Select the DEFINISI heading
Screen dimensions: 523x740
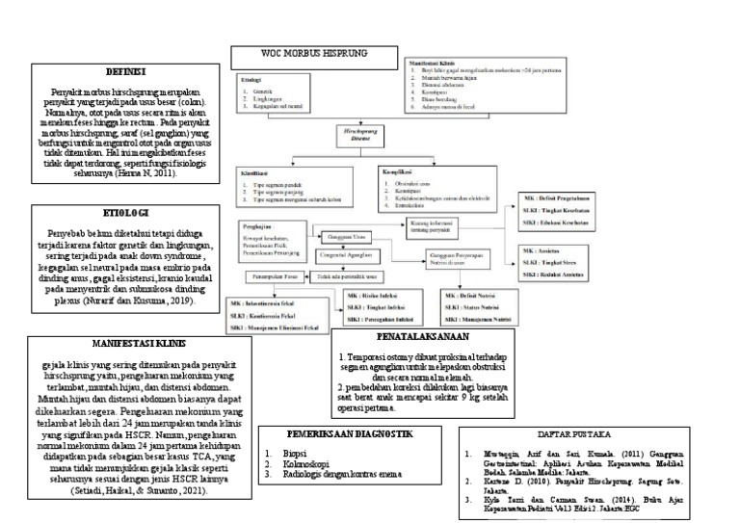coord(124,72)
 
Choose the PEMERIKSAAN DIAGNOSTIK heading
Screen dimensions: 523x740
coord(330,431)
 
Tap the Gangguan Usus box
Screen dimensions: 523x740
coord(344,237)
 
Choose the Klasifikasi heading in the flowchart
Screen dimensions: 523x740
coord(255,171)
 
